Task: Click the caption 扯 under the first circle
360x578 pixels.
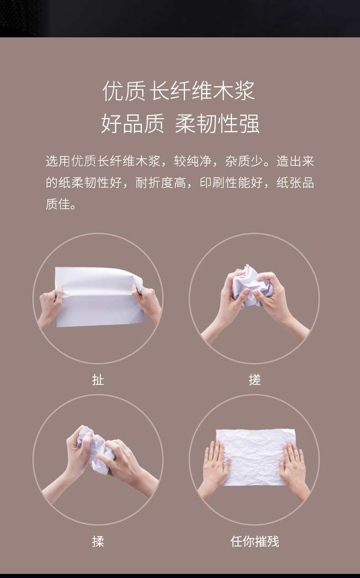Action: (98, 380)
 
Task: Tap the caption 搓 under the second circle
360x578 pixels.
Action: (255, 380)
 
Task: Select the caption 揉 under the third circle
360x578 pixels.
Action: (98, 541)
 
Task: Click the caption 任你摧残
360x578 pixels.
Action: (255, 541)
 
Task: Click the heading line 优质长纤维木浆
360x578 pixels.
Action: (179, 91)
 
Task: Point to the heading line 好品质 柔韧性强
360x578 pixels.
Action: (180, 123)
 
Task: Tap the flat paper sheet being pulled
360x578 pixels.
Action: (99, 297)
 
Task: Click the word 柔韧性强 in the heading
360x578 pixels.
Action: (217, 123)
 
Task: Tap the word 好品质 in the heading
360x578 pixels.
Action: (133, 123)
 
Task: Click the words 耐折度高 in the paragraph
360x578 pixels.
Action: (160, 183)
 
